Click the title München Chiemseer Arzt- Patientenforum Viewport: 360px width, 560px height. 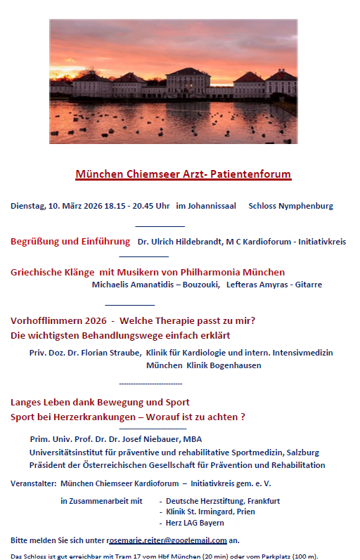point(183,174)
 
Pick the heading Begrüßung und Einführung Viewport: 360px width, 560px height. point(70,242)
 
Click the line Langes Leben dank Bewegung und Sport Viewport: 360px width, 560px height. point(100,403)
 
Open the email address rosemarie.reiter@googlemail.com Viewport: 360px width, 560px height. point(167,540)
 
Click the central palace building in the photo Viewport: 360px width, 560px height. point(188,81)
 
